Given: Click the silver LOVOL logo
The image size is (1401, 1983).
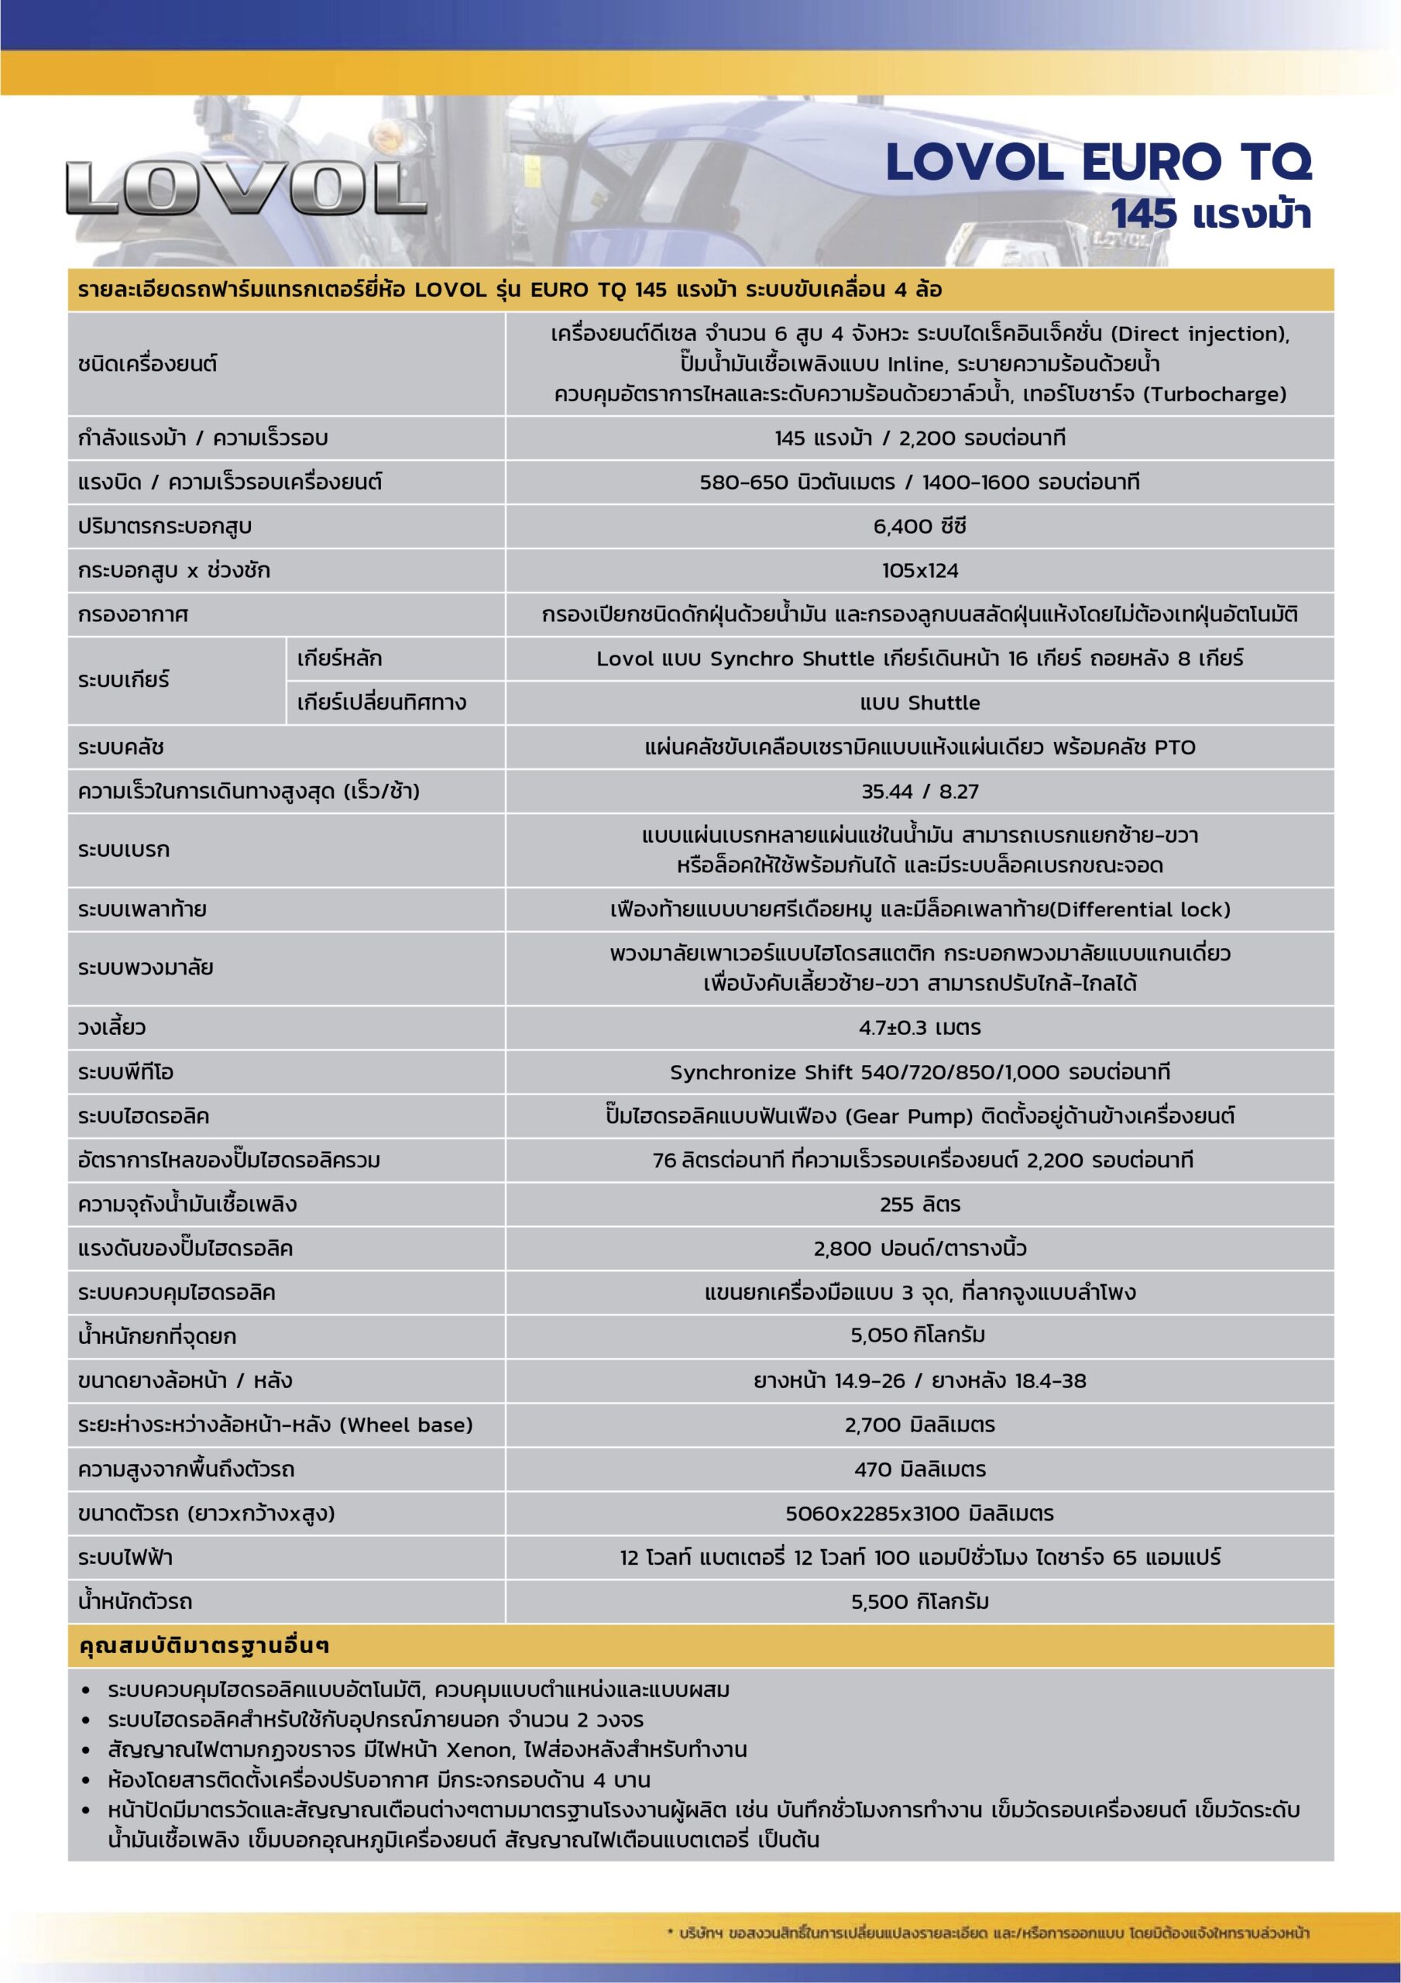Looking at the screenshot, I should [246, 187].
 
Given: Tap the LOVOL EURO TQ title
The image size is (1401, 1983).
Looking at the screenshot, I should [1098, 163].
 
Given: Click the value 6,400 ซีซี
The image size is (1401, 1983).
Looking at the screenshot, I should [919, 526].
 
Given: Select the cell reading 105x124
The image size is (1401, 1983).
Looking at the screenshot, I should [919, 570].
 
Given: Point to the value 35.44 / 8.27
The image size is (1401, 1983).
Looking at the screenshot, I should [919, 791].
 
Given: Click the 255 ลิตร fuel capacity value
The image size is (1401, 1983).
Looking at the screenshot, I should [919, 1204].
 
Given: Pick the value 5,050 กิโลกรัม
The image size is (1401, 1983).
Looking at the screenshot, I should [919, 1336].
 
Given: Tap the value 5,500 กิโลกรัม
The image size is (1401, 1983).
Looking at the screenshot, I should [919, 1601].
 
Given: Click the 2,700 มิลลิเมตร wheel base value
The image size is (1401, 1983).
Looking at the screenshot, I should [919, 1425].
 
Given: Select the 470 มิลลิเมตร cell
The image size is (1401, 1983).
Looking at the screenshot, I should [919, 1469].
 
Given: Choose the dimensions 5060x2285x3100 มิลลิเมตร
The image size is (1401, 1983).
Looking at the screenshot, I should [919, 1513].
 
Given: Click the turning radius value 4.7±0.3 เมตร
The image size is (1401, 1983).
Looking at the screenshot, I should [919, 1028].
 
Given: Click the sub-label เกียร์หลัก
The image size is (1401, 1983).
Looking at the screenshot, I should [338, 658].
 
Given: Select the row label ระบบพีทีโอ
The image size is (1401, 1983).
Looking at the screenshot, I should [125, 1072].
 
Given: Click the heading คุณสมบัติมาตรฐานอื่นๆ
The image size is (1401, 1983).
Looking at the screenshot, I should [204, 1646].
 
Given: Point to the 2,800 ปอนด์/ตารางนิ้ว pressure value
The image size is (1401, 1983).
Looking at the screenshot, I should [919, 1248].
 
